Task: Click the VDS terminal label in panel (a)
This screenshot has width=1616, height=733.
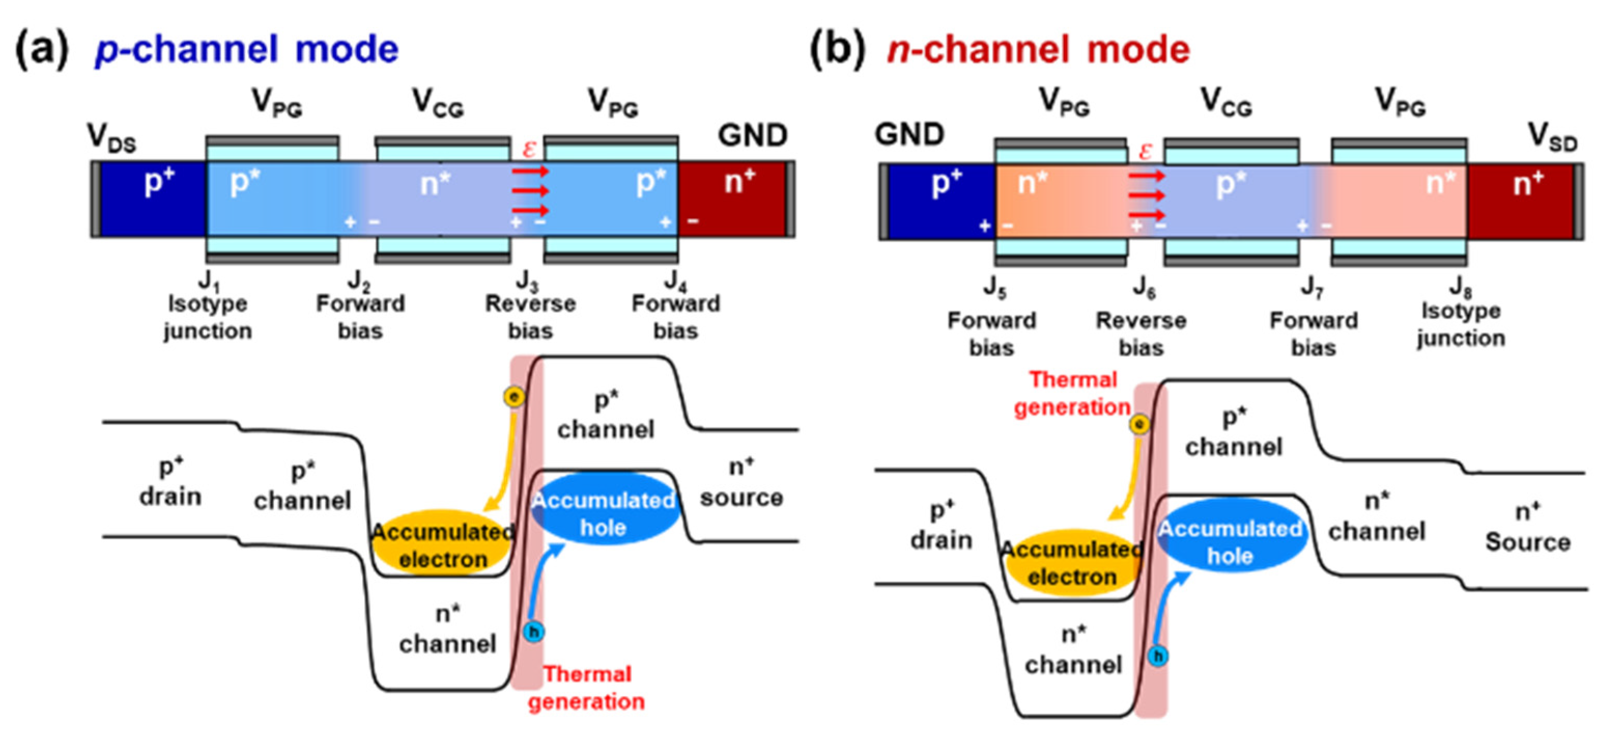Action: pyautogui.click(x=112, y=138)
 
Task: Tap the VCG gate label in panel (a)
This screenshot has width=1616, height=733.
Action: pyautogui.click(x=438, y=103)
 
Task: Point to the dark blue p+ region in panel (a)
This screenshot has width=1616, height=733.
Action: pyautogui.click(x=152, y=200)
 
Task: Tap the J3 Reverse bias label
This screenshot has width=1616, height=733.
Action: pyautogui.click(x=530, y=311)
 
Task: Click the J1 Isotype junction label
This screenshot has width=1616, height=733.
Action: pyautogui.click(x=208, y=310)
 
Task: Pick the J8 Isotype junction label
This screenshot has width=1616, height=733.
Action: pyautogui.click(x=1461, y=317)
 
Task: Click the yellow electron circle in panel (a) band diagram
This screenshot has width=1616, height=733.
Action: pyautogui.click(x=514, y=397)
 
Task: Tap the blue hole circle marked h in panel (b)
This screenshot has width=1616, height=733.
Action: pyautogui.click(x=1158, y=656)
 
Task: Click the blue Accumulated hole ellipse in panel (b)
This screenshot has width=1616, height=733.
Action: pyautogui.click(x=1230, y=542)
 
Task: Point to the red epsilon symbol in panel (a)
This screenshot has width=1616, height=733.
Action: pyautogui.click(x=530, y=149)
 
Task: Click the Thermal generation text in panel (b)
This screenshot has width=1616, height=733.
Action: pyautogui.click(x=1072, y=393)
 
